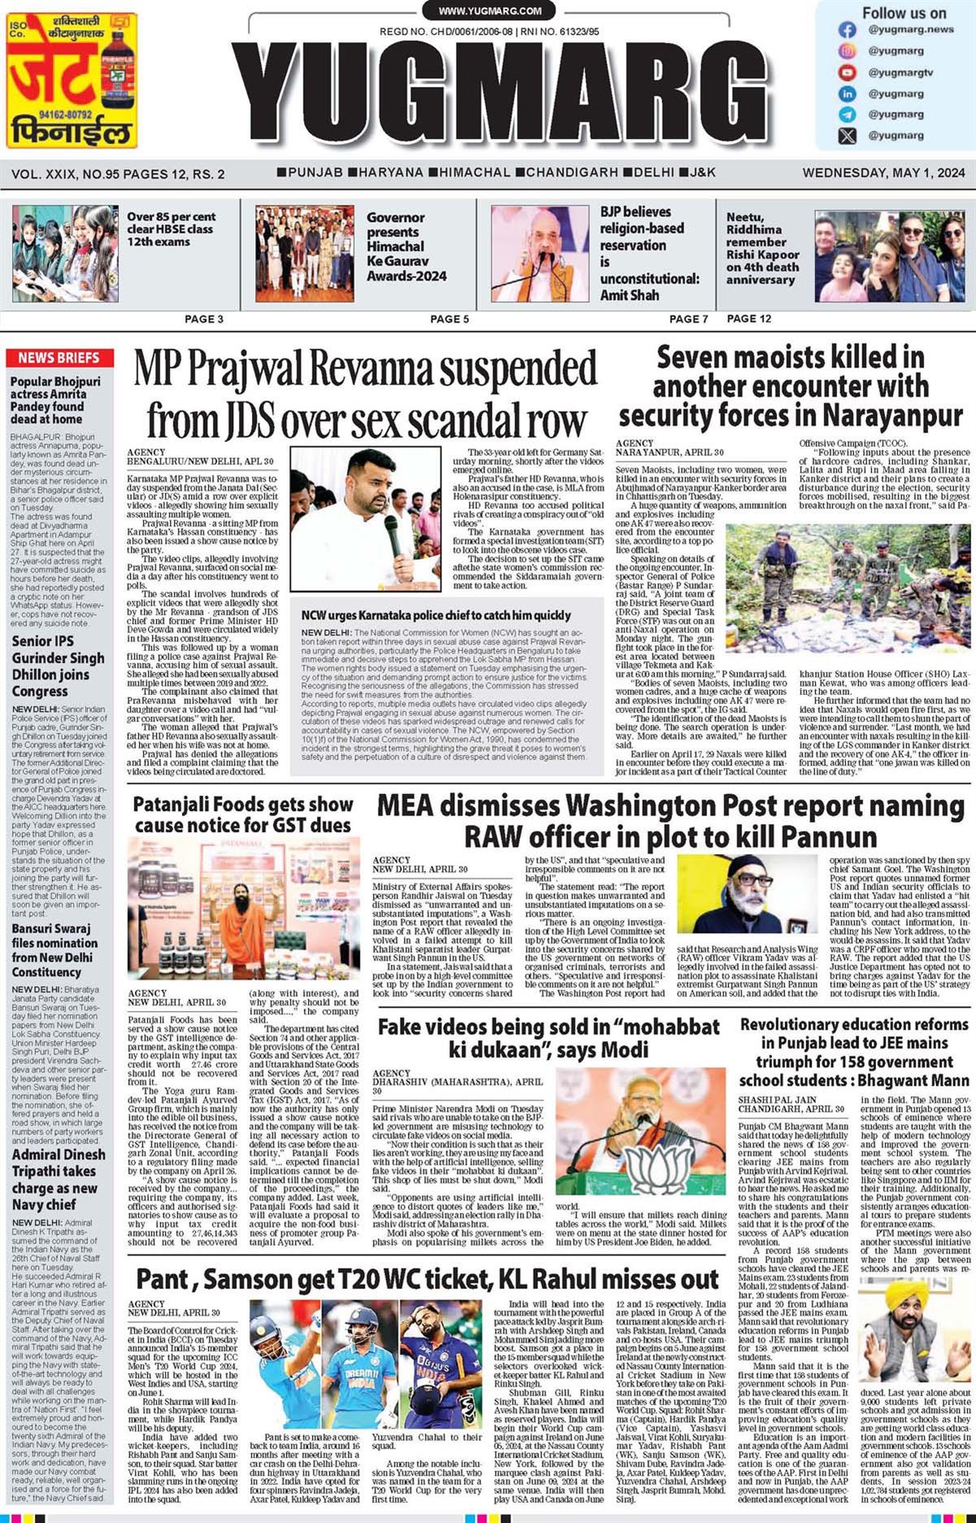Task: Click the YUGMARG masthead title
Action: [513, 94]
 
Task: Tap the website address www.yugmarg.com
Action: [489, 11]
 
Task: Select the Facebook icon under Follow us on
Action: [848, 30]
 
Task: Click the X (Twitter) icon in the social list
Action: [848, 136]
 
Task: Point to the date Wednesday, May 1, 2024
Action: [883, 172]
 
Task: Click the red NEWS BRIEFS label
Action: [59, 358]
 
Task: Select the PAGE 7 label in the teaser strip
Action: [688, 319]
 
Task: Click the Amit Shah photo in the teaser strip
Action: [540, 254]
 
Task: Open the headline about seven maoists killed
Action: [790, 386]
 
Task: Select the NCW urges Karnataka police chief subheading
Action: [436, 615]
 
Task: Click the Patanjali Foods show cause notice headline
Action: [243, 814]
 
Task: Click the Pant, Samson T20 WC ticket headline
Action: [427, 1280]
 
